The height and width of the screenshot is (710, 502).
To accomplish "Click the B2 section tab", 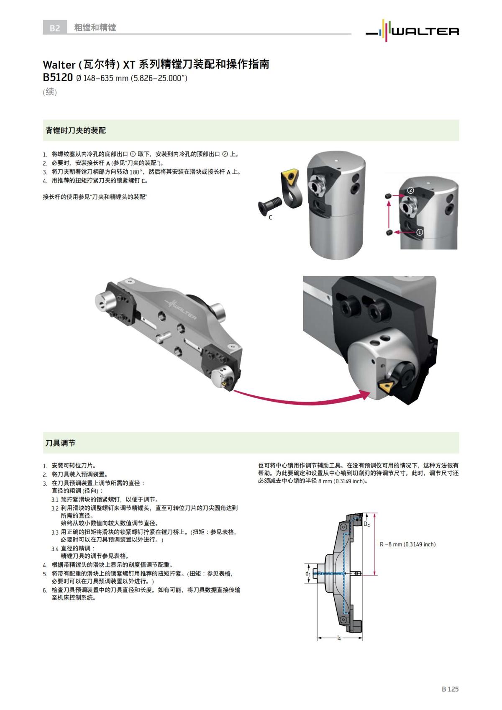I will pyautogui.click(x=55, y=28).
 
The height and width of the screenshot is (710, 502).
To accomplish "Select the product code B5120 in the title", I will pyautogui.click(x=58, y=78).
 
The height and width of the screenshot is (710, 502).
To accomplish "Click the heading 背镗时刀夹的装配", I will pyautogui.click(x=75, y=131).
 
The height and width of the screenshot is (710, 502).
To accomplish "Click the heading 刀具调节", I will pyautogui.click(x=60, y=443).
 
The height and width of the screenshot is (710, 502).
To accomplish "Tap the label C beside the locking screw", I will pyautogui.click(x=270, y=218).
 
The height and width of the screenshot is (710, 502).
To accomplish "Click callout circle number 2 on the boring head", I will pyautogui.click(x=410, y=190).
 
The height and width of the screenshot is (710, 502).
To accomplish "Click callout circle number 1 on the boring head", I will pyautogui.click(x=420, y=231).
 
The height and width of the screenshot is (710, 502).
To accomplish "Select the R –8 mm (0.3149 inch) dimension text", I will pyautogui.click(x=407, y=544).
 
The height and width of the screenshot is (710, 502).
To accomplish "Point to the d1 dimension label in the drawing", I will pyautogui.click(x=307, y=574).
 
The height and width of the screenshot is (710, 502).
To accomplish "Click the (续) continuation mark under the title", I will pyautogui.click(x=49, y=92).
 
